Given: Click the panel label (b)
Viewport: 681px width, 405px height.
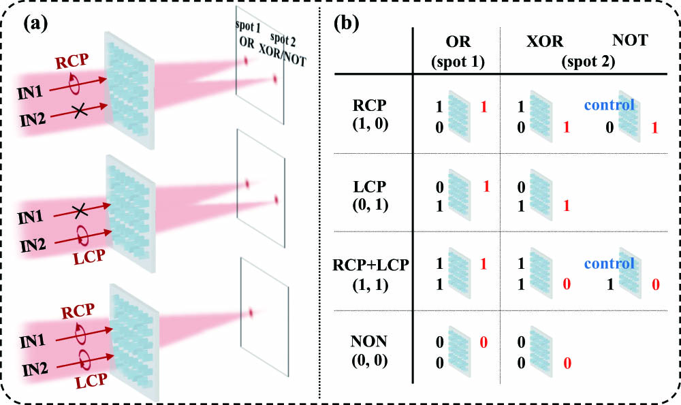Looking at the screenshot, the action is click(x=346, y=23).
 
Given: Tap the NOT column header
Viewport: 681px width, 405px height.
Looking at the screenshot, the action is click(x=630, y=40).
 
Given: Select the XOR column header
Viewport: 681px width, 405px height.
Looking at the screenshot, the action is click(x=545, y=42).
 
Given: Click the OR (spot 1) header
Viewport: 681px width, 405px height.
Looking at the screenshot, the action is click(x=458, y=51).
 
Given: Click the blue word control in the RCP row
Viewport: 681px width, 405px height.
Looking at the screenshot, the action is click(x=609, y=105).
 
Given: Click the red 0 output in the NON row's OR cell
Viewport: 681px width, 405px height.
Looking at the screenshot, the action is click(x=484, y=342).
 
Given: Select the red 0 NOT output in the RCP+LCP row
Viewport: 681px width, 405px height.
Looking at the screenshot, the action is click(x=655, y=285).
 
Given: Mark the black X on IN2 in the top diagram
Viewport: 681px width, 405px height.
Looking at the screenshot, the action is click(x=79, y=112).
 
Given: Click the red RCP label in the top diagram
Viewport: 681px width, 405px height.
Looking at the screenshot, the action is click(x=72, y=61).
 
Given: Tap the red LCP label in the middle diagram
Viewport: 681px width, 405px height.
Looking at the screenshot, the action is click(x=89, y=257).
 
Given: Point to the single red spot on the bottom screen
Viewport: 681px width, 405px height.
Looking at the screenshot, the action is click(x=251, y=312).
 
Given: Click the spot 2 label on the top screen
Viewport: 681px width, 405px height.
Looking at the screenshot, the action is click(x=283, y=39).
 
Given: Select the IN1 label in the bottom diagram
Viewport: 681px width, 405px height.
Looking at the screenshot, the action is click(x=33, y=341).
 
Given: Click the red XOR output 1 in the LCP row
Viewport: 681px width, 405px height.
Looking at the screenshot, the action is click(x=567, y=206).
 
